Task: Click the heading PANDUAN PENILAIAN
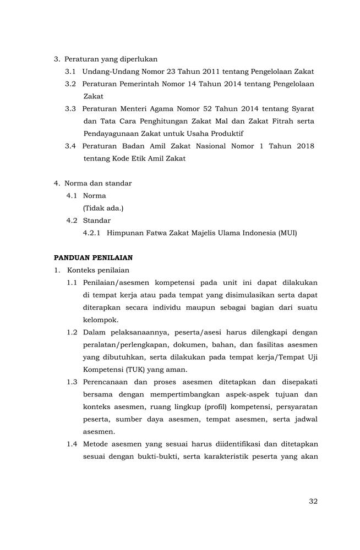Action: click(x=93, y=257)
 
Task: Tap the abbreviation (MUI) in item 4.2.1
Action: click(x=286, y=233)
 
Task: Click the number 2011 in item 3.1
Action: click(x=210, y=71)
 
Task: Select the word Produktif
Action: click(x=226, y=133)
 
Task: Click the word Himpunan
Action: click(x=124, y=233)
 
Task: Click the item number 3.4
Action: click(x=70, y=146)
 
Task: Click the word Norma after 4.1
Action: click(x=94, y=195)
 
